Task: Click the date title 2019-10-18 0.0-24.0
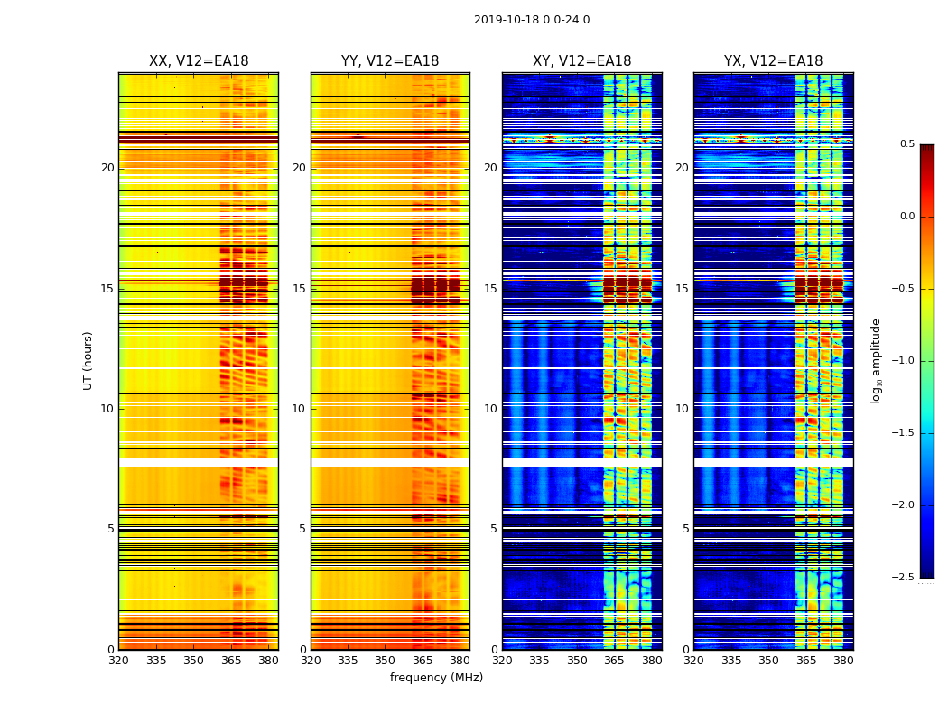(531, 20)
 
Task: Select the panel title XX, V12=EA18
(199, 61)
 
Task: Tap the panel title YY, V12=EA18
(390, 61)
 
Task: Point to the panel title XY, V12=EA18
(581, 61)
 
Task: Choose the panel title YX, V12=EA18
(773, 61)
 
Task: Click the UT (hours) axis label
(88, 360)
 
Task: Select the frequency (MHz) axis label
(436, 678)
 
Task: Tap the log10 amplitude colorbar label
(876, 360)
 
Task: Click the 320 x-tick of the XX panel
(118, 661)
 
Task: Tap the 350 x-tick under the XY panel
(577, 661)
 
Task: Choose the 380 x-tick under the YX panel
(843, 661)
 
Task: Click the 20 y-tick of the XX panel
(107, 168)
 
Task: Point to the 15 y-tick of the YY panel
(300, 289)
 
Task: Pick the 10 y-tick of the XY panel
(490, 409)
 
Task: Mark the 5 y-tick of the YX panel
(685, 529)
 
